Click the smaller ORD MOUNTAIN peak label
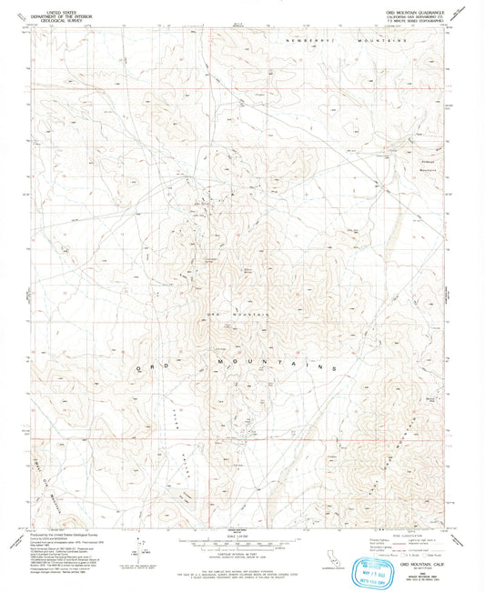[x=238, y=313]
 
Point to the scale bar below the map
[x=241, y=542]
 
